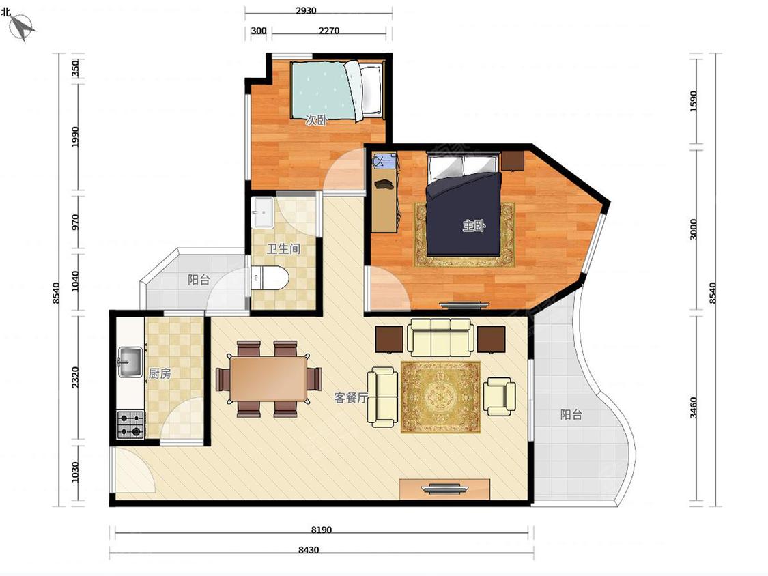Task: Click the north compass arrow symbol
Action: [x=22, y=27]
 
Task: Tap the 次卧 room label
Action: [x=316, y=120]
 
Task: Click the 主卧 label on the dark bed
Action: [x=474, y=226]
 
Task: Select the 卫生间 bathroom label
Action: [x=283, y=249]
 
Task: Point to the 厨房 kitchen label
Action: [x=160, y=374]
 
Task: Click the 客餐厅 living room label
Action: [x=351, y=398]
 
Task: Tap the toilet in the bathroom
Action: [x=270, y=278]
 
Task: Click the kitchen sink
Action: [x=130, y=362]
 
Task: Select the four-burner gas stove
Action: [x=130, y=425]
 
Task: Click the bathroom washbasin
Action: [x=263, y=212]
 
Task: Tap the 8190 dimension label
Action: [x=322, y=530]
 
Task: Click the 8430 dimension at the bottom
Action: [x=309, y=550]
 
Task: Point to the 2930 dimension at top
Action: [x=306, y=10]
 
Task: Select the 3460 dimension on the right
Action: [x=693, y=408]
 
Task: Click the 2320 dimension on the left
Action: [x=75, y=377]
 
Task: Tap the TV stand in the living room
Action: [x=444, y=489]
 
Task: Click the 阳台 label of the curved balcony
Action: [x=571, y=415]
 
